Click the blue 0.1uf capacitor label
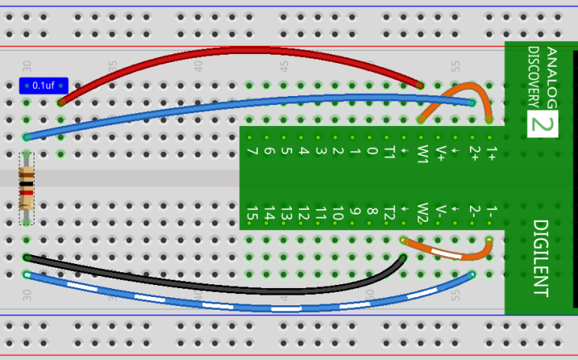[x=43, y=85]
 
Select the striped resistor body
[x=27, y=187]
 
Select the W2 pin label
[x=423, y=213]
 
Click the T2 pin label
[x=389, y=214]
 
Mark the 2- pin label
[x=474, y=212]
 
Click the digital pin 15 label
[x=253, y=214]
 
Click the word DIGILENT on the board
[x=541, y=257]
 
